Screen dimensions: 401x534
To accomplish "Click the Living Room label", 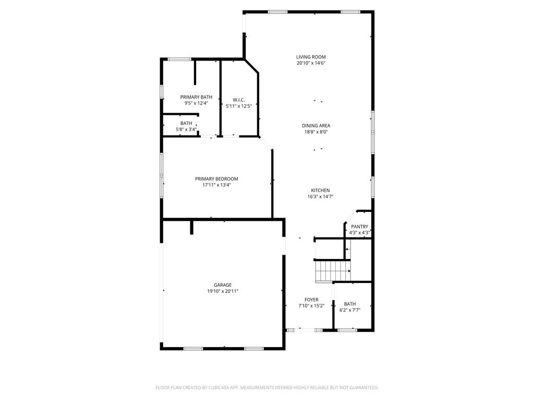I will pyautogui.click(x=311, y=57).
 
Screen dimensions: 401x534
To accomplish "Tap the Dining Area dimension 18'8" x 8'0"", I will pyautogui.click(x=316, y=132).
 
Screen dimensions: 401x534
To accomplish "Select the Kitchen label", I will pyautogui.click(x=320, y=190).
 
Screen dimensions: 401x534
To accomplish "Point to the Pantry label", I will pyautogui.click(x=359, y=227).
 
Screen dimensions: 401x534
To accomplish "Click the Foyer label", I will pyautogui.click(x=311, y=300).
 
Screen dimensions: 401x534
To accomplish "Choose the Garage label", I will pyautogui.click(x=223, y=285).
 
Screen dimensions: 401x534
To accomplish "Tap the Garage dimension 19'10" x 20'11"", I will pyautogui.click(x=223, y=291).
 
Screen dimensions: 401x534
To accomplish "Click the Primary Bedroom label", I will pyautogui.click(x=216, y=179).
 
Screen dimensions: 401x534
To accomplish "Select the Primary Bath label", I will pyautogui.click(x=196, y=97).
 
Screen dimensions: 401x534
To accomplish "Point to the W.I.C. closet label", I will pyautogui.click(x=239, y=100).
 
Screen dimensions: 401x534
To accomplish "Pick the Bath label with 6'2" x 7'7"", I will pyautogui.click(x=350, y=304).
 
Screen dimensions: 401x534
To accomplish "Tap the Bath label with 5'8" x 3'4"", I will pyautogui.click(x=186, y=123).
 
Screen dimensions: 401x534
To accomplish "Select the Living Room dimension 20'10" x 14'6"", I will pyautogui.click(x=311, y=63).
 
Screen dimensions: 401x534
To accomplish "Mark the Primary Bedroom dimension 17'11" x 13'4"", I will pyautogui.click(x=216, y=185).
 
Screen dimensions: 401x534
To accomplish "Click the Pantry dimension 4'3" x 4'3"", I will pyautogui.click(x=359, y=233).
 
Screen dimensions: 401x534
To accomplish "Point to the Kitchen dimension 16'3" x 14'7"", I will pyautogui.click(x=320, y=197).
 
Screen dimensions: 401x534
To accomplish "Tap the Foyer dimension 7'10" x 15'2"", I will pyautogui.click(x=311, y=306).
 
